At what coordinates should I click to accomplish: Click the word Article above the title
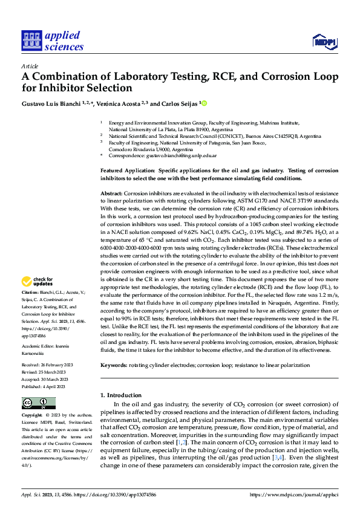(x=30, y=66)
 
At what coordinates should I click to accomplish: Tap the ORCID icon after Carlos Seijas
(x=204, y=103)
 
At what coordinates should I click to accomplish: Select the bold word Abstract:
(x=111, y=192)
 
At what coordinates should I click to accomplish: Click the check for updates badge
(x=38, y=281)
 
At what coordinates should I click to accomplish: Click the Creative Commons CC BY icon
(x=39, y=403)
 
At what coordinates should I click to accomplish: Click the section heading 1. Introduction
(x=120, y=395)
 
